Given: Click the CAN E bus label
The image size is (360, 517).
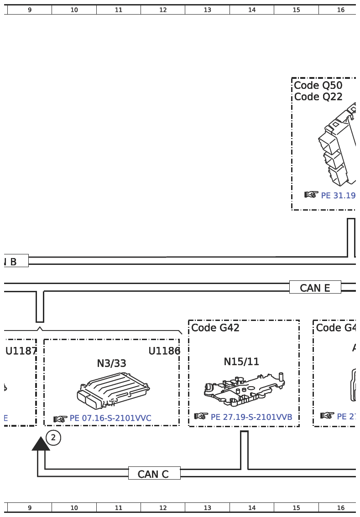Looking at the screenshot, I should [x=315, y=288].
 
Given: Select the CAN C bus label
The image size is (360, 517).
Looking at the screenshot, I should [x=154, y=474].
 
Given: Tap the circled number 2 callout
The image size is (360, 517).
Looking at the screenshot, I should [x=53, y=438].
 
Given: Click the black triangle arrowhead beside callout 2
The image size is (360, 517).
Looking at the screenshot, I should [x=41, y=444].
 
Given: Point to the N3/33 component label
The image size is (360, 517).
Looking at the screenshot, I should [x=111, y=363].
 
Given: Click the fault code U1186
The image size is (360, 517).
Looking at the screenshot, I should [x=164, y=351].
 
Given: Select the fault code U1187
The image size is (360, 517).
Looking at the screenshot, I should [x=21, y=351].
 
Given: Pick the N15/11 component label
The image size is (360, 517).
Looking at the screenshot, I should [x=241, y=362].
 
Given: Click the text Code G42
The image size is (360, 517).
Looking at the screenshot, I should [x=215, y=327].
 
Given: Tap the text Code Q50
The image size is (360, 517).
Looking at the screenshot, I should [x=318, y=85].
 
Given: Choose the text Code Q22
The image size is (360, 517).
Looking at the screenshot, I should [x=318, y=97].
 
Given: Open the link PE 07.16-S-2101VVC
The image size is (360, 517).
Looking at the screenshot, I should [x=110, y=418].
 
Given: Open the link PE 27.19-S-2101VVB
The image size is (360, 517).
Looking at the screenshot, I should [x=251, y=417].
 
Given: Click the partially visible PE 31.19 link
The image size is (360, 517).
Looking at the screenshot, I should [x=338, y=195].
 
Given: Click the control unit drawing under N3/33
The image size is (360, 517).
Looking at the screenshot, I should [x=113, y=390].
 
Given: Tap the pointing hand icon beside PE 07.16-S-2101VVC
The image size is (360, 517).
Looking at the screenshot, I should [x=60, y=419].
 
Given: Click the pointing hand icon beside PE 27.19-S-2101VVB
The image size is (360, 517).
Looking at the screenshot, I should [x=201, y=416].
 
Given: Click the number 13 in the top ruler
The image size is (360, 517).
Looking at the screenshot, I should [x=208, y=10].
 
